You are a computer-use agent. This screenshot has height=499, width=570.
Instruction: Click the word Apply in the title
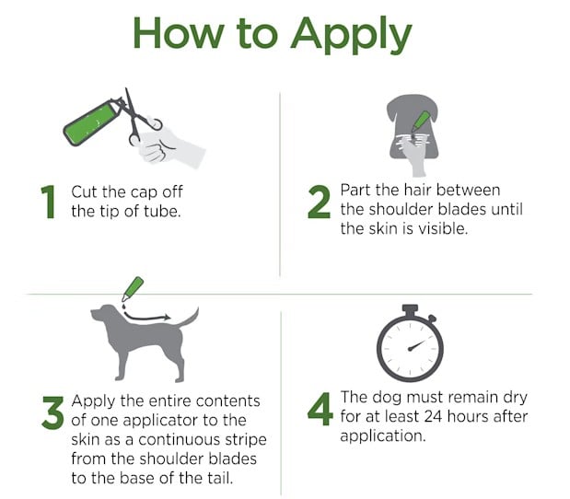(x=351, y=35)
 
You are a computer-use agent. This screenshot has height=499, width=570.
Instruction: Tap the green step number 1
(x=48, y=202)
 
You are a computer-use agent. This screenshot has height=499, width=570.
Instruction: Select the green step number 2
(x=319, y=202)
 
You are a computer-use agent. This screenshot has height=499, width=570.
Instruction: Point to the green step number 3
(x=53, y=412)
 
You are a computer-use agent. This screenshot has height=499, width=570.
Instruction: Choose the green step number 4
(x=320, y=409)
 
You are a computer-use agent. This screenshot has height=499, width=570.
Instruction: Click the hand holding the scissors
(x=169, y=147)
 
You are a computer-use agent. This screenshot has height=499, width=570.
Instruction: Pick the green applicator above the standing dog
(x=133, y=289)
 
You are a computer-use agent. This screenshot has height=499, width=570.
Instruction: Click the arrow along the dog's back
(x=146, y=318)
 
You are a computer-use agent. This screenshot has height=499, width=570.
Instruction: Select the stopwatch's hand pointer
(x=418, y=344)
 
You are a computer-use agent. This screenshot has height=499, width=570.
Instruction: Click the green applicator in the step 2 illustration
(x=421, y=121)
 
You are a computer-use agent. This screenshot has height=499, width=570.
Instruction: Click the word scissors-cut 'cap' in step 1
(x=145, y=193)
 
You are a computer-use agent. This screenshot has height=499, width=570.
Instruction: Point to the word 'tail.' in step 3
(x=220, y=478)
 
